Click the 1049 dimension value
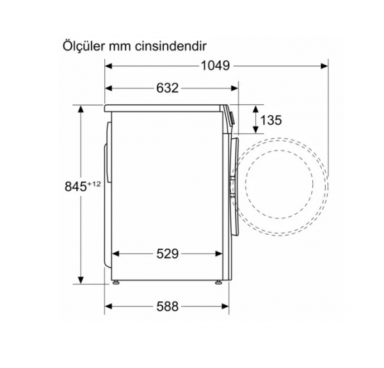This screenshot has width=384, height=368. (215, 66)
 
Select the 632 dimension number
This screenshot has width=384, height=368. (168, 88)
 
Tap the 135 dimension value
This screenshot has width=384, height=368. (271, 120)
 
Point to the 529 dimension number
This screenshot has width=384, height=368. (168, 253)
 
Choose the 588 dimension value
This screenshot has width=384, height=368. (168, 307)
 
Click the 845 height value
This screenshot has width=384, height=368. (76, 187)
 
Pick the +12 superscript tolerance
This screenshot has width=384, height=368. (94, 184)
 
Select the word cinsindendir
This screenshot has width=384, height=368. (171, 46)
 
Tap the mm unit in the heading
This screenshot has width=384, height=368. (120, 47)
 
